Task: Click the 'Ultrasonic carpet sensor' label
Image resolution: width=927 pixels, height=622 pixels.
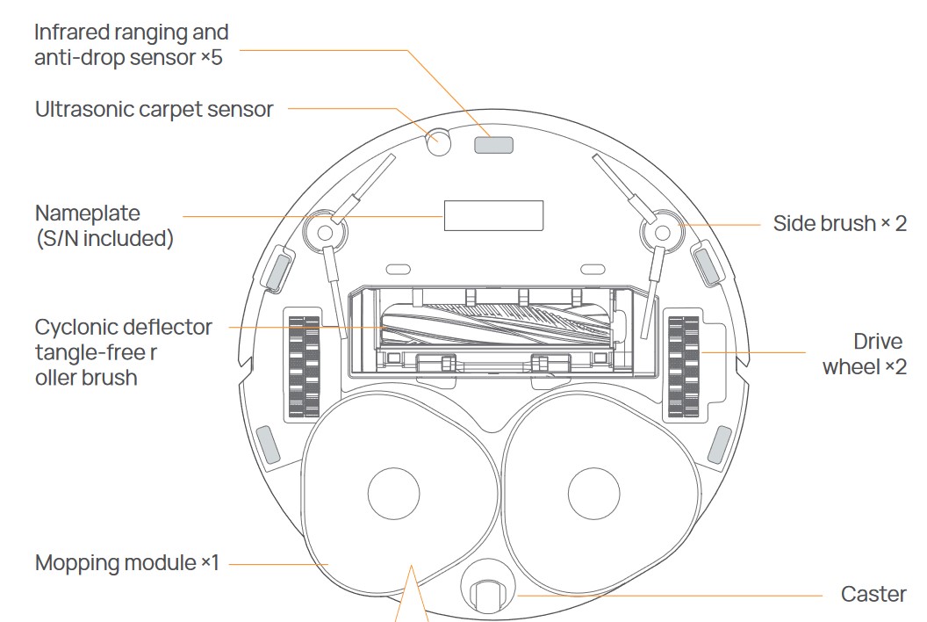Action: [154, 110]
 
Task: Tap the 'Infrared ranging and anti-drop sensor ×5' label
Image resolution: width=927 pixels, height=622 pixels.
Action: [132, 45]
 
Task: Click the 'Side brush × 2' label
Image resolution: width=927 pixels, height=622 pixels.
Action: [839, 223]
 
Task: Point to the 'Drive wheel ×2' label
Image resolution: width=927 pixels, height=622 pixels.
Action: [865, 353]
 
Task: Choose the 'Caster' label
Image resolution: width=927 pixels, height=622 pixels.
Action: [873, 595]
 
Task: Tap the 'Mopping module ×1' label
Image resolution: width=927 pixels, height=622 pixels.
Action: [127, 562]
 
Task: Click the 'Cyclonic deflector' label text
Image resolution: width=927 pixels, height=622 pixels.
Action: [124, 328]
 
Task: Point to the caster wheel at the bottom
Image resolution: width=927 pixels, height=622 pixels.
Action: [488, 596]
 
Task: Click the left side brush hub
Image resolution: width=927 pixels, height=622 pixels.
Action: [322, 231]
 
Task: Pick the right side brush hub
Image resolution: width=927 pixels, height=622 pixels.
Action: [658, 231]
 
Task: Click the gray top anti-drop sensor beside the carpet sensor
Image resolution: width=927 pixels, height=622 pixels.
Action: [492, 143]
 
